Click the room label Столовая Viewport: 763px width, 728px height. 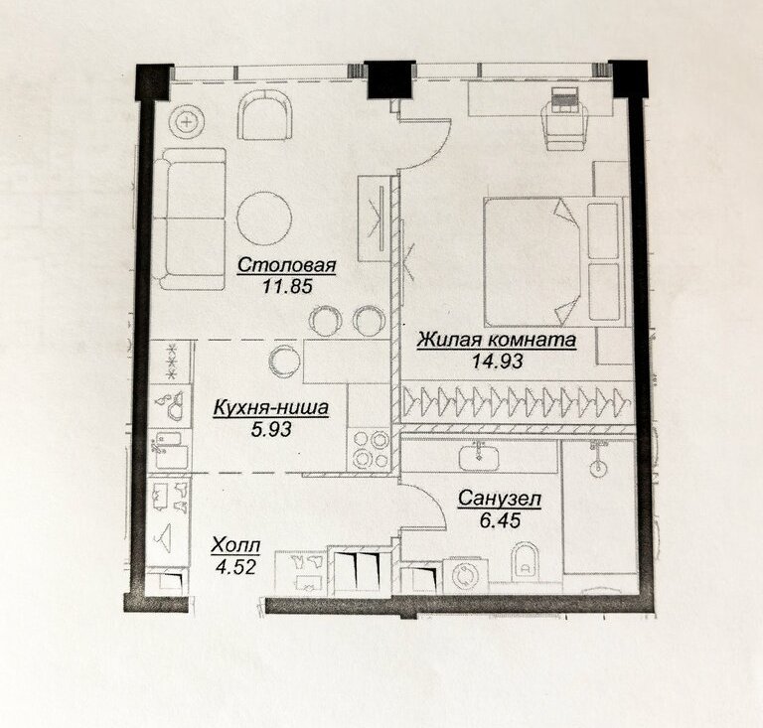click(286, 265)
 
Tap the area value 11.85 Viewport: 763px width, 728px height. click(287, 286)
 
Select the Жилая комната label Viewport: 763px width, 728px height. click(497, 340)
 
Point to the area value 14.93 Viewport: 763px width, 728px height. click(498, 361)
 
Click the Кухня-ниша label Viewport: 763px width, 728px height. click(270, 408)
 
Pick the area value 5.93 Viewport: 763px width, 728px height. click(271, 429)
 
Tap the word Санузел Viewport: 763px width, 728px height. click(500, 499)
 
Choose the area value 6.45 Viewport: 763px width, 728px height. click(500, 520)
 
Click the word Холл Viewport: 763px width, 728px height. click(235, 546)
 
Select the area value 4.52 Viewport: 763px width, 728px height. click(235, 567)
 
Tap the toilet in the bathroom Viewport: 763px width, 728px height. click(526, 561)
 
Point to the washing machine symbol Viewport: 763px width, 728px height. click(465, 576)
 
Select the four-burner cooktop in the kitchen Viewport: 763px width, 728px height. click(370, 450)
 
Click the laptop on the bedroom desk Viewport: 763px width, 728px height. click(564, 100)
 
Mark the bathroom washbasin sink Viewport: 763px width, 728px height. click(479, 457)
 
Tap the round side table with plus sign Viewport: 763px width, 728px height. click(186, 122)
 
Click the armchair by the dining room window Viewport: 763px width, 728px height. click(265, 116)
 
